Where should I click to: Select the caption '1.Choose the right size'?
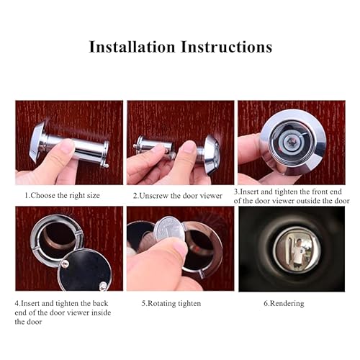(x=63, y=195)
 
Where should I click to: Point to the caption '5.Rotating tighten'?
(x=171, y=303)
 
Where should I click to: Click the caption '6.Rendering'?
(x=284, y=303)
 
